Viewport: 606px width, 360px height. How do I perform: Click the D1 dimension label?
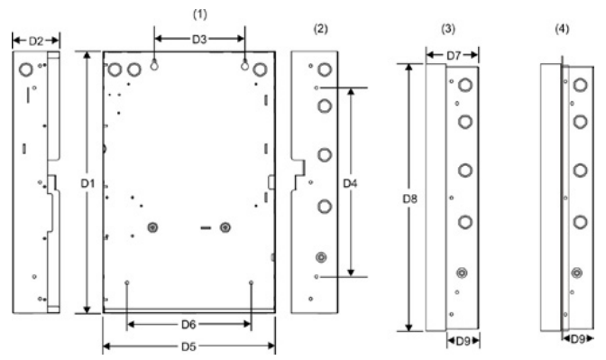tap(87, 183)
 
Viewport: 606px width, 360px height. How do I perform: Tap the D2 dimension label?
tap(34, 40)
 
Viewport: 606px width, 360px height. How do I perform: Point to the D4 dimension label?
tap(352, 182)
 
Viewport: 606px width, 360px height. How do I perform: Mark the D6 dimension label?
tap(188, 323)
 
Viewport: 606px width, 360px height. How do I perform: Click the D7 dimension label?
tap(454, 57)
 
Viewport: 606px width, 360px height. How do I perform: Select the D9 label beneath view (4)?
tap(576, 339)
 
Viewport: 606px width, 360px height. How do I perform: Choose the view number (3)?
tap(448, 29)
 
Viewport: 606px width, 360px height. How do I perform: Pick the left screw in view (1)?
tap(152, 227)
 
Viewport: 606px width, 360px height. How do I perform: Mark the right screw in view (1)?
tap(225, 227)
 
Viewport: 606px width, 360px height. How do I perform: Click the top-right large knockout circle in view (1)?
tap(261, 69)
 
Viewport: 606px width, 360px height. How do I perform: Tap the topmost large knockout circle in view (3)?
tap(464, 87)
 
